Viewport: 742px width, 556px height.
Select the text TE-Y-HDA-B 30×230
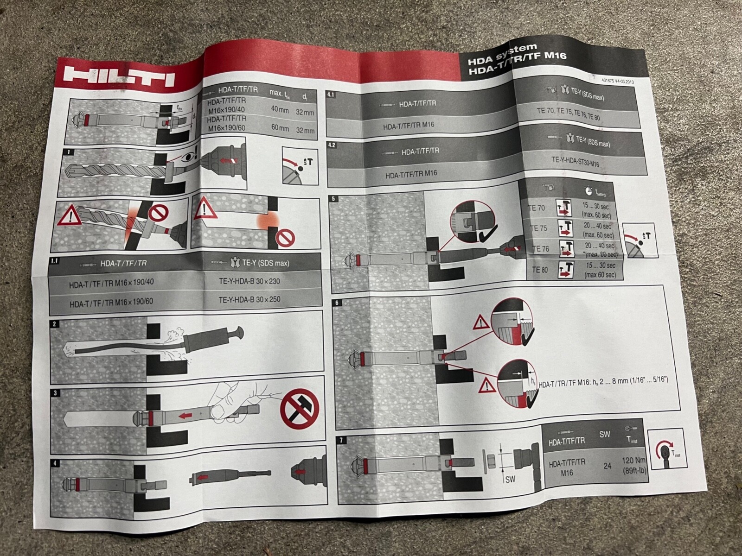(249, 281)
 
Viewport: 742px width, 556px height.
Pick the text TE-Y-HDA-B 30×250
(249, 299)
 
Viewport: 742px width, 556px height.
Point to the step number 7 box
(342, 441)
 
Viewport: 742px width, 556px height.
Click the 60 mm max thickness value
(280, 128)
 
